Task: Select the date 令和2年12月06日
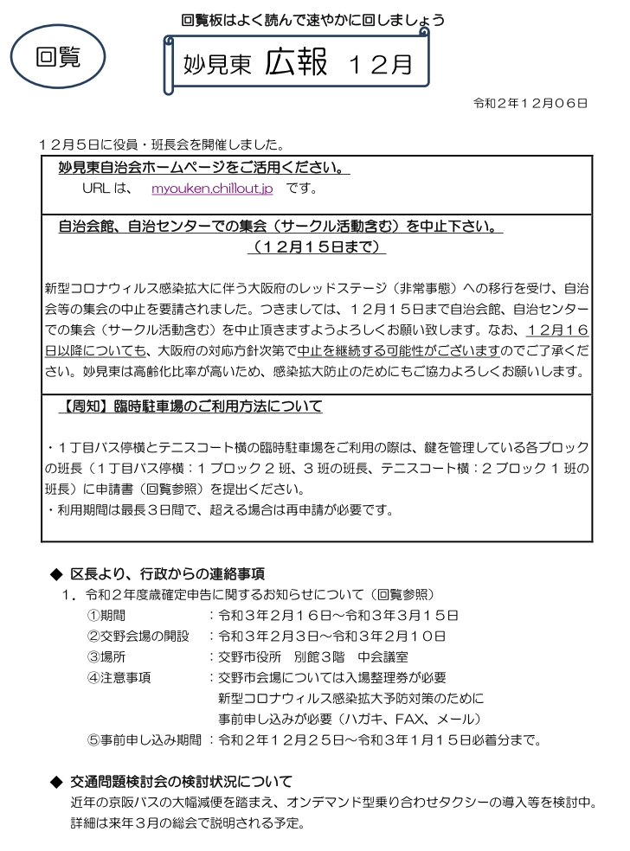coord(530,104)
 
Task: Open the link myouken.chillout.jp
coord(200,187)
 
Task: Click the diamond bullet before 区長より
coord(58,574)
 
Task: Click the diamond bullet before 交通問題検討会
coord(58,782)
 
